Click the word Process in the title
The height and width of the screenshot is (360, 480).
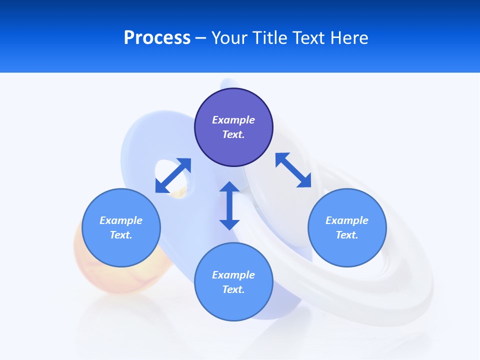[x=157, y=37]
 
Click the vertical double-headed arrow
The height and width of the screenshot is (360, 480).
[x=229, y=205]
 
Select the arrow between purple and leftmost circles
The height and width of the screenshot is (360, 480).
[x=173, y=175]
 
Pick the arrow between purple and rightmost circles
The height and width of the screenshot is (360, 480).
[x=293, y=170]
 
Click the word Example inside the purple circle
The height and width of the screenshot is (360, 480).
[x=233, y=120]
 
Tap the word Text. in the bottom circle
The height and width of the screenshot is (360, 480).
[x=233, y=289]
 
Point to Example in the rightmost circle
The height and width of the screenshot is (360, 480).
[x=347, y=220]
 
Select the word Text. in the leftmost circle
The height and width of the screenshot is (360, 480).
[x=121, y=235]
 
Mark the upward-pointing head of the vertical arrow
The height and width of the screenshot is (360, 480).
[x=229, y=186]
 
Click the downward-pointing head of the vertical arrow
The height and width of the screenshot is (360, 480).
[x=229, y=224]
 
